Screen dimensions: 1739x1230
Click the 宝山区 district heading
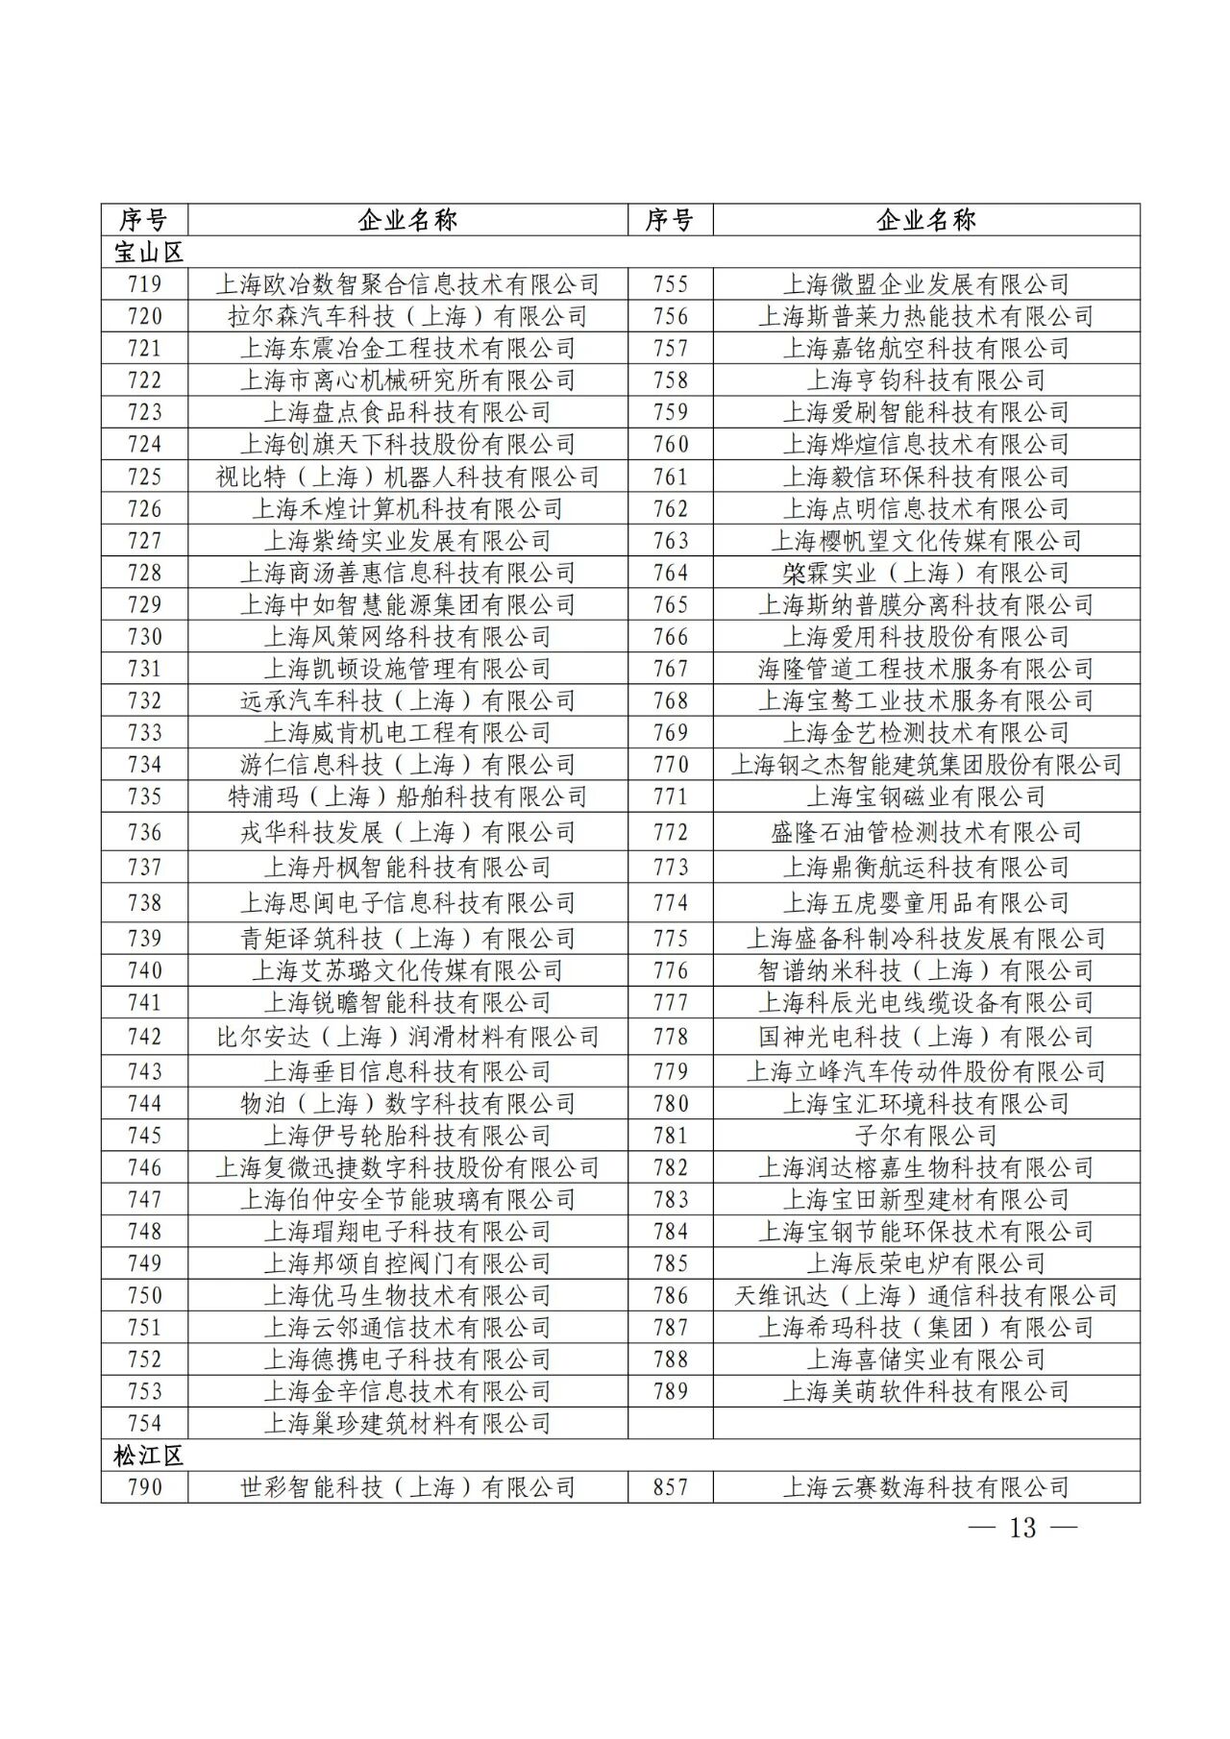click(x=148, y=253)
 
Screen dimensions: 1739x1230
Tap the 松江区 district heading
click(x=148, y=1456)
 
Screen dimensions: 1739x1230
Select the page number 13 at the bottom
click(x=1023, y=1528)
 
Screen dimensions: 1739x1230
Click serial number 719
click(x=144, y=284)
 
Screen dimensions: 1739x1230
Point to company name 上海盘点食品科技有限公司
click(x=407, y=412)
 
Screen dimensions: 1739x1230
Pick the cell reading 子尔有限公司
click(x=926, y=1136)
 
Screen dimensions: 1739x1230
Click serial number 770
click(x=670, y=765)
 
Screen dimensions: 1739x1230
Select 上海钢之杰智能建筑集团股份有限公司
click(x=926, y=765)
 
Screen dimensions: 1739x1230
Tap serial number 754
click(x=144, y=1423)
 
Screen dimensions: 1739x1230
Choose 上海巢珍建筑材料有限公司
click(x=407, y=1423)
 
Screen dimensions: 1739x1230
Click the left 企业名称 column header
click(x=407, y=220)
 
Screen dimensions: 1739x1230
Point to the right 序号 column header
click(x=670, y=220)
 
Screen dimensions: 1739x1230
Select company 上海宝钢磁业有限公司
click(x=926, y=796)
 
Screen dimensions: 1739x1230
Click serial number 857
click(x=670, y=1487)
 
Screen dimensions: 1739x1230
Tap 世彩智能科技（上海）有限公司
click(x=407, y=1487)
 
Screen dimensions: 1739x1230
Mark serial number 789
click(x=670, y=1391)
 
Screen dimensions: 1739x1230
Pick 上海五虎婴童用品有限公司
click(x=926, y=903)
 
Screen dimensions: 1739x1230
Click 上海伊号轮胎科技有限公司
click(x=407, y=1136)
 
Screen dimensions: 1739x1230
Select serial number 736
click(x=144, y=832)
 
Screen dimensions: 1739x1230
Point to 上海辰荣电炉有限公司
click(x=926, y=1263)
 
